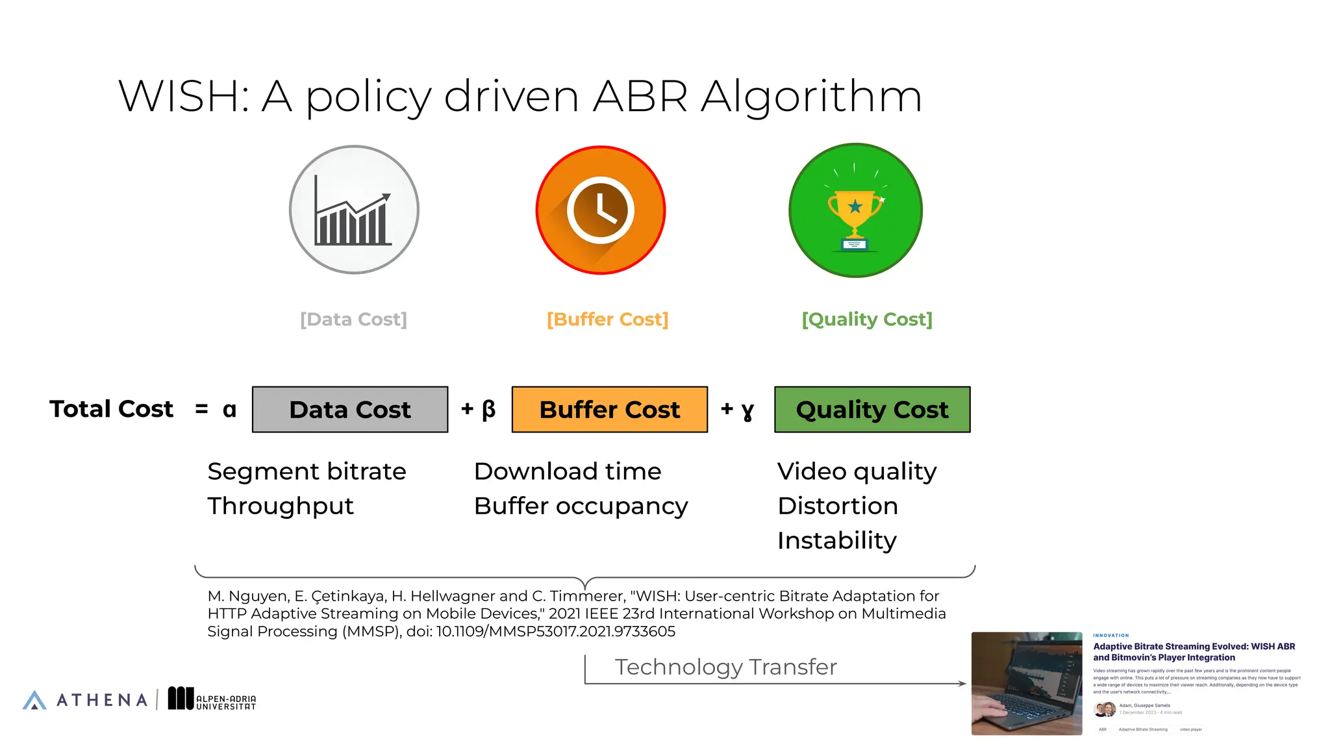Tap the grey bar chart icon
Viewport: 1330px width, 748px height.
(354, 210)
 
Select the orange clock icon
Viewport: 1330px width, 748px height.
(601, 210)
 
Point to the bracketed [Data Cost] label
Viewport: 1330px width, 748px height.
(353, 319)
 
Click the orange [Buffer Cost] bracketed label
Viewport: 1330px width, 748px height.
(607, 319)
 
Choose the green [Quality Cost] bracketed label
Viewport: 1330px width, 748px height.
(867, 319)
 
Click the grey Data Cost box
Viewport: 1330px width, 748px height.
(350, 410)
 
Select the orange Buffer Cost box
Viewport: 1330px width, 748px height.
(610, 410)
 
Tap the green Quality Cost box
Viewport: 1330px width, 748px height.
(872, 410)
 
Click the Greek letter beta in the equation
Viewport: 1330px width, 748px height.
(488, 409)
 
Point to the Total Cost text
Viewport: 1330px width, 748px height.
(112, 409)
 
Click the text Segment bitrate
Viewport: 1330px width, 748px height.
(307, 471)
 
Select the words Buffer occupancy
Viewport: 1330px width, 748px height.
(581, 506)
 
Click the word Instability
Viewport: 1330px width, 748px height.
(836, 540)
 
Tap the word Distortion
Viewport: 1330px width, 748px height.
(838, 506)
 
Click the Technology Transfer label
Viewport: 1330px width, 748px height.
(725, 667)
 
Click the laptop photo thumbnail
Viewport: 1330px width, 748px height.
(1027, 683)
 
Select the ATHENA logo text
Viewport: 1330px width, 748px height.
(102, 700)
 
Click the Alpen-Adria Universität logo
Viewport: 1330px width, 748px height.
(212, 699)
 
